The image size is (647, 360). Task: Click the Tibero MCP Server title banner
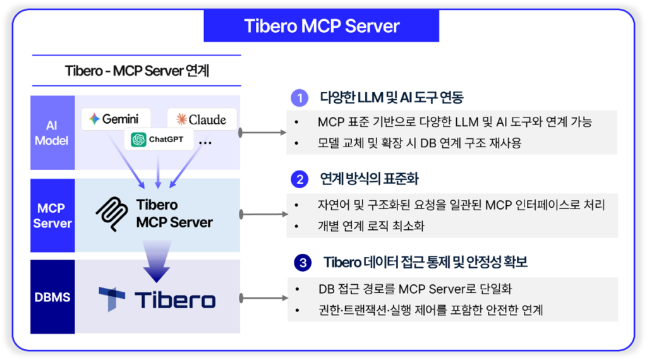pyautogui.click(x=322, y=26)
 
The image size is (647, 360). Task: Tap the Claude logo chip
pyautogui.click(x=202, y=119)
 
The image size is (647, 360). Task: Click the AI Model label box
pyautogui.click(x=52, y=133)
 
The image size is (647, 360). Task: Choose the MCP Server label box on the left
pyautogui.click(x=52, y=215)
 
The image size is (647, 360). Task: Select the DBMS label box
pyautogui.click(x=52, y=297)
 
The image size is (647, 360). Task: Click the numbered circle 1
pyautogui.click(x=299, y=98)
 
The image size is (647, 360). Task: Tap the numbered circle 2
pyautogui.click(x=299, y=179)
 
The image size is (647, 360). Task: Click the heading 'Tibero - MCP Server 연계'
pyautogui.click(x=136, y=70)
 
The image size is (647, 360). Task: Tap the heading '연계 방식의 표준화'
pyautogui.click(x=369, y=179)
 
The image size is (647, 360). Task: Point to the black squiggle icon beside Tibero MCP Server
pyautogui.click(x=114, y=213)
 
